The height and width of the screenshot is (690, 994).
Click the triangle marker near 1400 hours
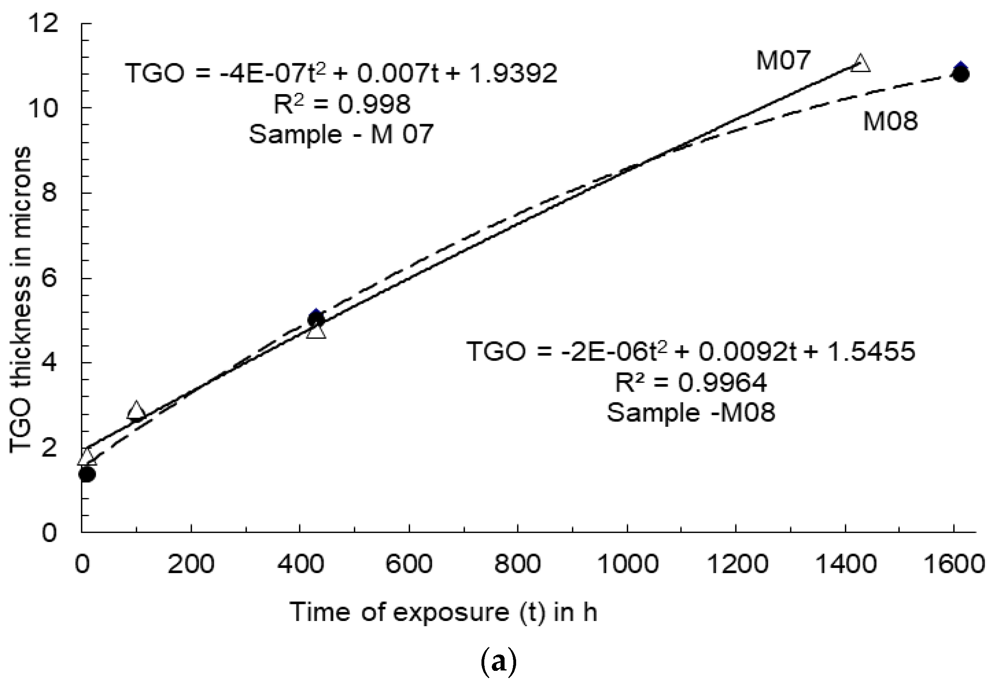coord(860,63)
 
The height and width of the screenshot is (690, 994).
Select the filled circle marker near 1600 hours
coord(961,74)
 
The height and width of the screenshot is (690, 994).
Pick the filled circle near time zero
coord(87,474)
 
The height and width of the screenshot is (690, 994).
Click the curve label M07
coord(783,60)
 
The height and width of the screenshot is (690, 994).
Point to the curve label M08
coord(890,121)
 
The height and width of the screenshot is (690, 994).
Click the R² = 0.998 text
coord(342,104)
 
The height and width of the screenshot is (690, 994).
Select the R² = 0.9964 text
coord(691,382)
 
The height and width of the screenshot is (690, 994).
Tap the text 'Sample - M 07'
coord(341,134)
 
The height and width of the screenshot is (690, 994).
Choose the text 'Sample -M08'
coord(691,412)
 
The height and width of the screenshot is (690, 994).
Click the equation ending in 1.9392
coord(341,73)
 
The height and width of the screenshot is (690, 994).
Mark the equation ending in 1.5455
coord(691,351)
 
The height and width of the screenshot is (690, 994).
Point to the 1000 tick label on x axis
coord(627,565)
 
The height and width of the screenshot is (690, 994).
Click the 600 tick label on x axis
coord(409,565)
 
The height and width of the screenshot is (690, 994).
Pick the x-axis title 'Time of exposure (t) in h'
coord(443,613)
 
